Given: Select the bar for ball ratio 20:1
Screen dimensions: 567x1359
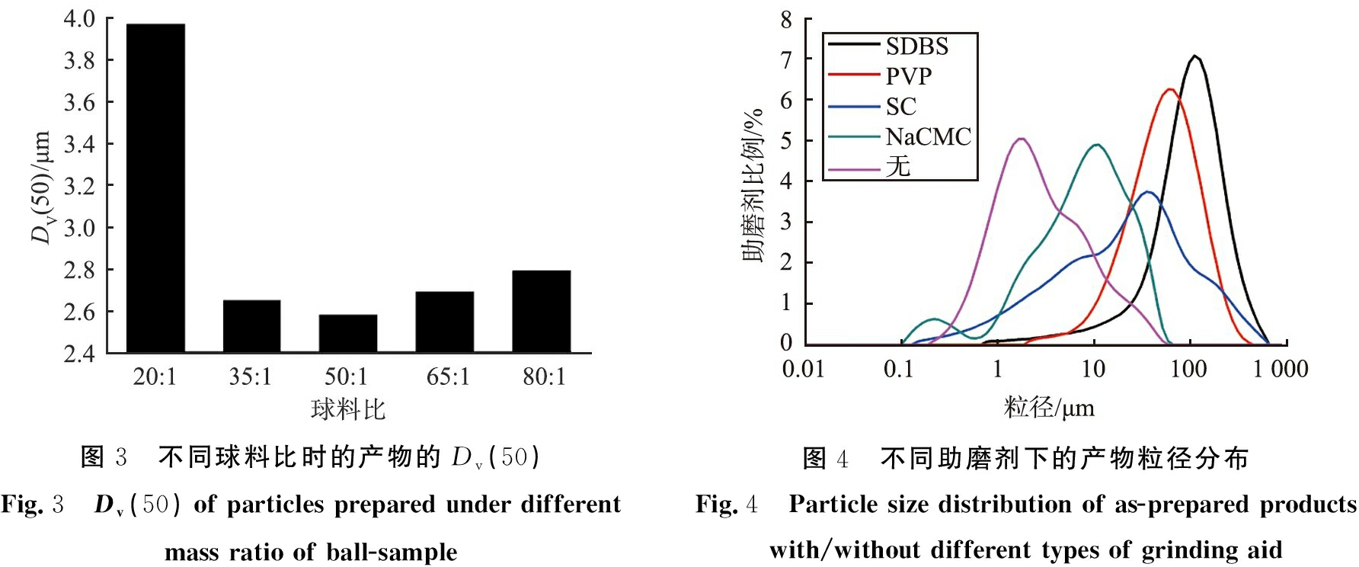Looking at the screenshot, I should (x=155, y=188).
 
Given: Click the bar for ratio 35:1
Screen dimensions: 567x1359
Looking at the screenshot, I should (x=251, y=326).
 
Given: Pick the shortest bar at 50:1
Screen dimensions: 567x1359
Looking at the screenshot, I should (x=348, y=333).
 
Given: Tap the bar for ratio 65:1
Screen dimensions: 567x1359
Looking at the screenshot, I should (x=444, y=322).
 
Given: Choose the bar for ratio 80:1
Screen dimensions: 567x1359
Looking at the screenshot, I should (x=541, y=311).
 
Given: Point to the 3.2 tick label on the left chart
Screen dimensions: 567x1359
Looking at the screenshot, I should (x=79, y=186).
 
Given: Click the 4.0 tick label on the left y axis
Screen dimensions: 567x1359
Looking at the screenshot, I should (x=79, y=19).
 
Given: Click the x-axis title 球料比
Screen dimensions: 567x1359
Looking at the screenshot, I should (x=348, y=410).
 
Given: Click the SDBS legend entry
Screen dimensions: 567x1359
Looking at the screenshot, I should (x=916, y=46).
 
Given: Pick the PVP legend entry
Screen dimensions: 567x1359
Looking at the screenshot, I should (x=908, y=76).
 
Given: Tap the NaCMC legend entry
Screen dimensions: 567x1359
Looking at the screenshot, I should (x=928, y=137).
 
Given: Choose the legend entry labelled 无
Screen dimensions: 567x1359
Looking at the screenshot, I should (x=898, y=166).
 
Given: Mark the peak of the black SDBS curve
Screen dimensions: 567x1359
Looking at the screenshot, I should (x=1195, y=56).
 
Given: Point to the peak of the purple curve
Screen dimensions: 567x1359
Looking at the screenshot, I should (x=1021, y=139).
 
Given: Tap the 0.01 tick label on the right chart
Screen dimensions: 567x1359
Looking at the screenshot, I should (x=803, y=370).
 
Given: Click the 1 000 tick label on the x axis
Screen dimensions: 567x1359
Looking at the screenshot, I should (x=1281, y=370).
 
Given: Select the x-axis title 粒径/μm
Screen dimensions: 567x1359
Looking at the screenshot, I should (x=1049, y=408).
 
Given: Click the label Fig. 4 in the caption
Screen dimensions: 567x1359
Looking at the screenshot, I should (x=727, y=505).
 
